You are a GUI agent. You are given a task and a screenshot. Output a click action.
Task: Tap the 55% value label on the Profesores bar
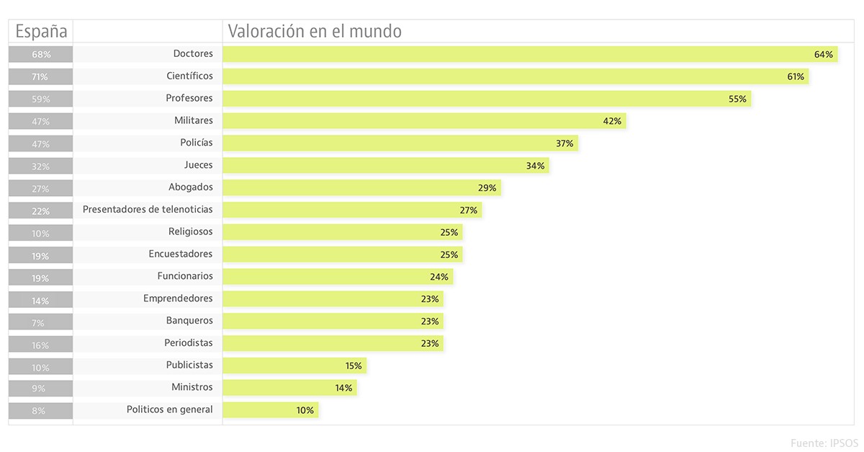(737, 99)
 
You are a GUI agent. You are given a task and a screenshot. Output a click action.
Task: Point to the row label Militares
(194, 120)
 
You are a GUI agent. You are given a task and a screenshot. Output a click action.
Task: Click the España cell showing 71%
(40, 76)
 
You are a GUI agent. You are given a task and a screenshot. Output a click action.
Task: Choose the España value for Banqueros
(40, 322)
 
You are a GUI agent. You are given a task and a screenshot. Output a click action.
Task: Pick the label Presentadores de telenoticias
(148, 209)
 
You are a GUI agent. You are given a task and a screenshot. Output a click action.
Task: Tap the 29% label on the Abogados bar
(487, 187)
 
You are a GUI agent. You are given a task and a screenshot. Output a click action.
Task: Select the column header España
(41, 32)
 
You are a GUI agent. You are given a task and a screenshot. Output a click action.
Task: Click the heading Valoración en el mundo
(315, 32)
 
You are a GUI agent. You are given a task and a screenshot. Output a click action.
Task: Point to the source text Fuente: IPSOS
(824, 443)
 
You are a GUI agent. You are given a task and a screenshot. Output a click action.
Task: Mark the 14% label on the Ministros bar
(343, 388)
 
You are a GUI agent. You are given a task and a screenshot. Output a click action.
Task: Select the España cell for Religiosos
(40, 233)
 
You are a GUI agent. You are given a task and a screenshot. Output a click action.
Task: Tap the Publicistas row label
(189, 365)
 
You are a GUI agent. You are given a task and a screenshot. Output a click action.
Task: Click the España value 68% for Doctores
(40, 54)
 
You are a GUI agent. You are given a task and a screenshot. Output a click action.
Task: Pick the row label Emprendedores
(178, 298)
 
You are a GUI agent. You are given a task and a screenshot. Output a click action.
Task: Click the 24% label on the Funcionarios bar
(439, 276)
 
